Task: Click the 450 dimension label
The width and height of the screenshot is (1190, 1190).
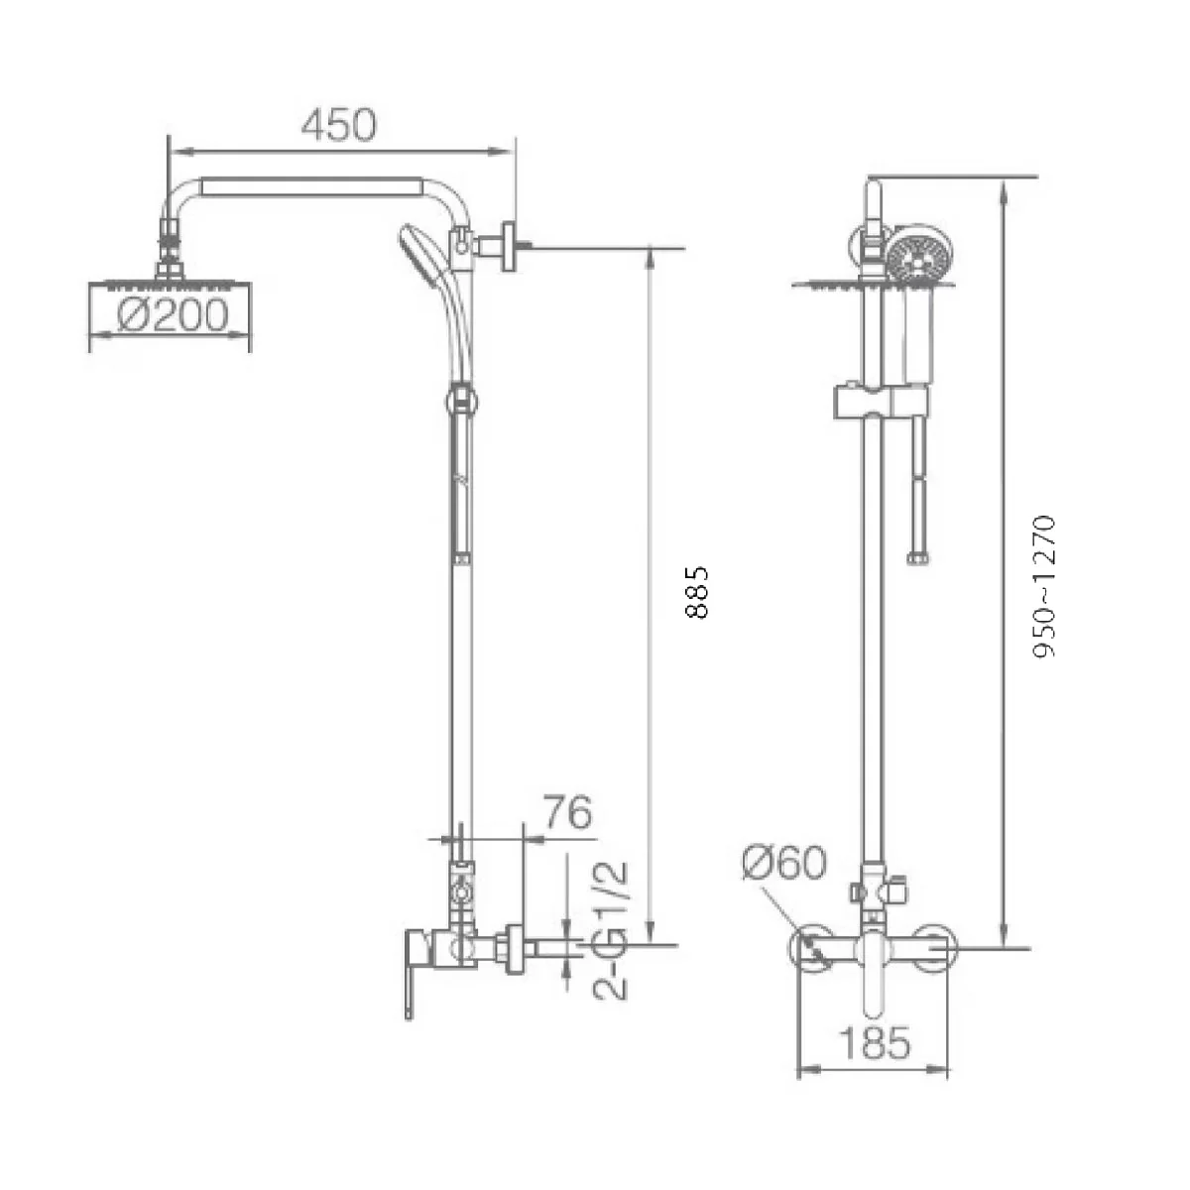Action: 338,124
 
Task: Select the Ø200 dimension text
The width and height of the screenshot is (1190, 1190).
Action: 172,315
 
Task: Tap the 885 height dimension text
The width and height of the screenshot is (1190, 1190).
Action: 697,592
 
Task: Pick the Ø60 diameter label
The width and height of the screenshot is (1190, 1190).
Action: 783,862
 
